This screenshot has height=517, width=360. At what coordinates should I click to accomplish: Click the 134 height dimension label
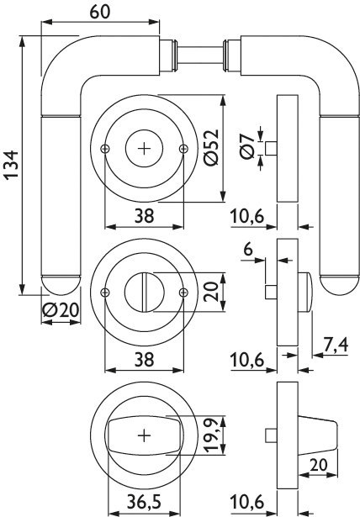point(12,165)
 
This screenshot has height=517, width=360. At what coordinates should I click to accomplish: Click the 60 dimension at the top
point(99,12)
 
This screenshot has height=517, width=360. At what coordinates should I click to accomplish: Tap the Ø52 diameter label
point(211,147)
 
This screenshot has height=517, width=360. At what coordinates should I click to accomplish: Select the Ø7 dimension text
point(248,147)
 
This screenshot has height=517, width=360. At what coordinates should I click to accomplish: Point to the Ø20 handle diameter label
point(61,310)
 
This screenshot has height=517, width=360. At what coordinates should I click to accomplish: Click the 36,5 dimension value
point(144,502)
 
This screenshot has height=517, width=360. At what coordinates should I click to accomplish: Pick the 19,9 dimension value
point(211,435)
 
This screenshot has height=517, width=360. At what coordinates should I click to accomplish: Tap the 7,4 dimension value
point(336,346)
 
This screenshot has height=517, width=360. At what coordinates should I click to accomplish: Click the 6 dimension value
point(248,249)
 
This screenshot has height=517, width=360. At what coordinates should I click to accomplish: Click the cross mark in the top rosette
point(144,149)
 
